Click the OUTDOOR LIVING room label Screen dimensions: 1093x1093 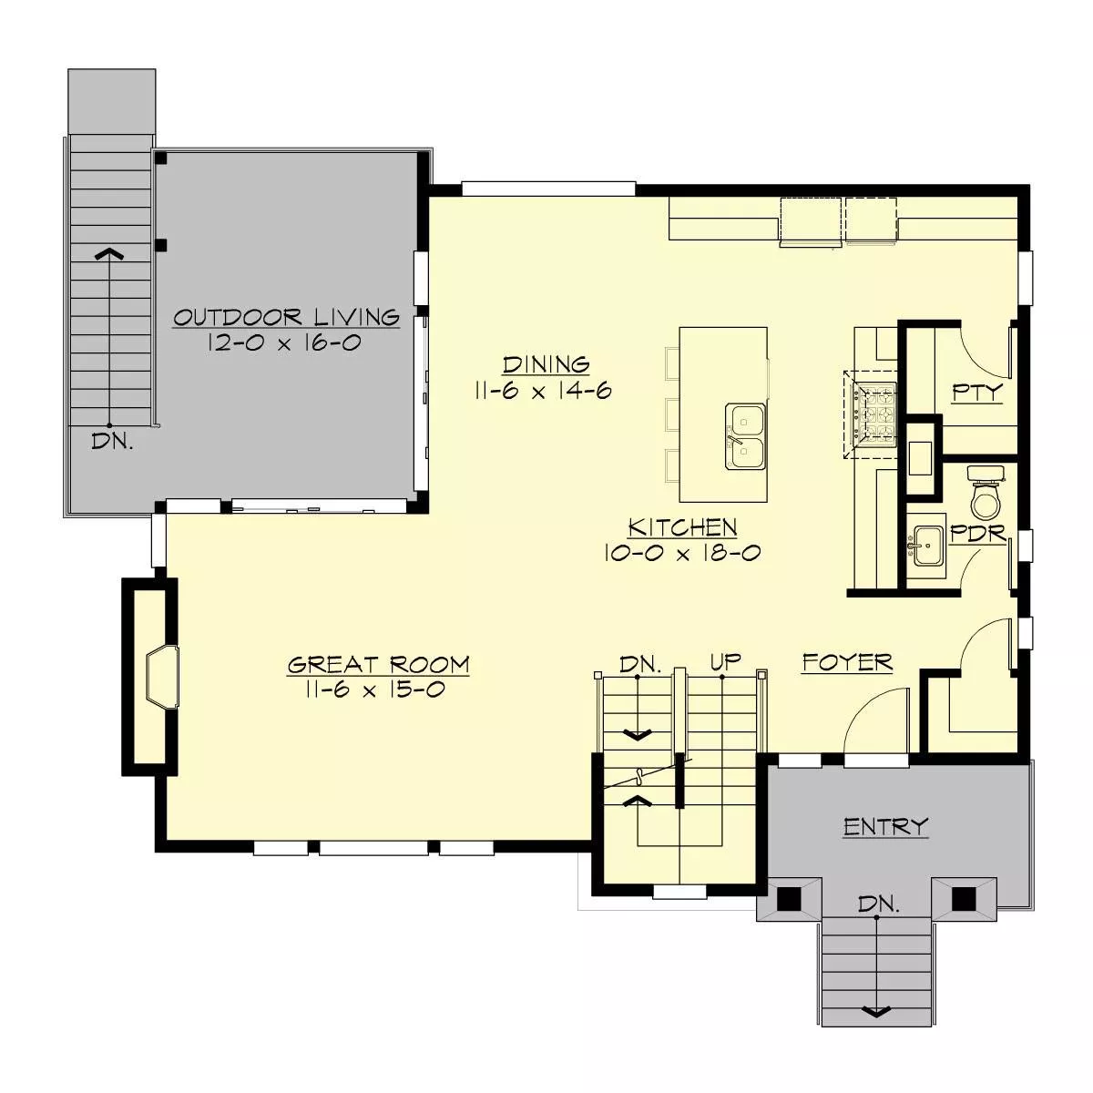coord(286,318)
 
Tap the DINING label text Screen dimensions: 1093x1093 coord(546,364)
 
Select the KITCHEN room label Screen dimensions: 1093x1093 coord(682,527)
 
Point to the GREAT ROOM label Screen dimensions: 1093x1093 coord(378,664)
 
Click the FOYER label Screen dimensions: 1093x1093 coord(847,662)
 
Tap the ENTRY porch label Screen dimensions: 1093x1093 coord(884,826)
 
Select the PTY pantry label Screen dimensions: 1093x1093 coord(976,393)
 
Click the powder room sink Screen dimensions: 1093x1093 coord(928,546)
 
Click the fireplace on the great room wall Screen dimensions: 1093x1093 coord(161,678)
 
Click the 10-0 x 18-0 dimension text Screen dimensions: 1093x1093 coord(682,553)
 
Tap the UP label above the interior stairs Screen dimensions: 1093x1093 coord(726,662)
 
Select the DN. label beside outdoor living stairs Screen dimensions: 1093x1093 coord(113,443)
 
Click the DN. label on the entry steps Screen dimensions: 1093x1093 coord(879,904)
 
